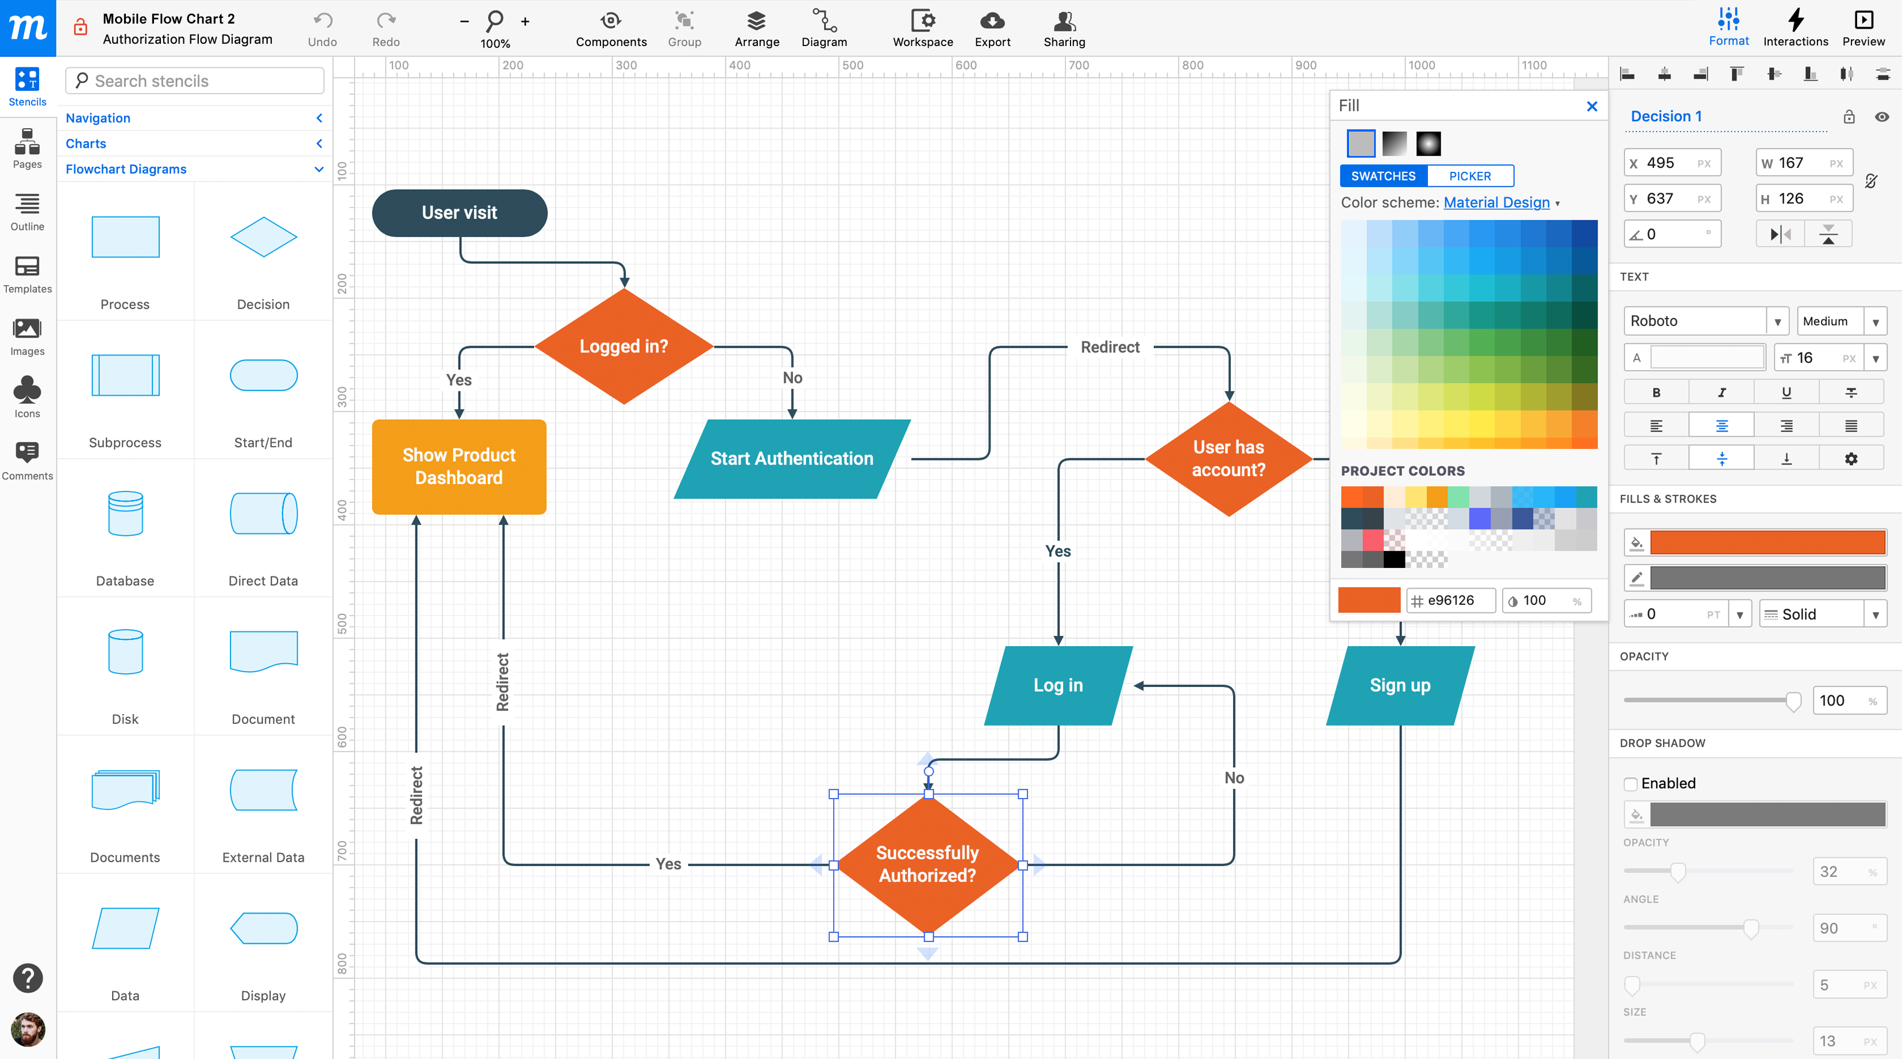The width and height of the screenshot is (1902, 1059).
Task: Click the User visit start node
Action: click(459, 213)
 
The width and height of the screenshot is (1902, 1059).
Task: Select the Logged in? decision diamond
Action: click(624, 346)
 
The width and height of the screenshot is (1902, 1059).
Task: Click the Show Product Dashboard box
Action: click(459, 467)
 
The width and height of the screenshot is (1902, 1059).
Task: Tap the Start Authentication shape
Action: click(791, 459)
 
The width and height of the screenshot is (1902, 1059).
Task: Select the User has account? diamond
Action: click(1228, 459)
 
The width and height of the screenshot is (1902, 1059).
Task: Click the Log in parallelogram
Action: click(1058, 685)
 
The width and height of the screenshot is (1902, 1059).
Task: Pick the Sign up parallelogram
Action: click(1400, 685)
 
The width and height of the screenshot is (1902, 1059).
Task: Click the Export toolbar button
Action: click(992, 29)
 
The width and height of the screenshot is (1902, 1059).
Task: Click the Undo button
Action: click(322, 29)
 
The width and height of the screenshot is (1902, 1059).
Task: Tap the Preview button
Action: click(1863, 29)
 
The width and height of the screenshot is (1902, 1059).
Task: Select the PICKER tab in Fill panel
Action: click(1469, 176)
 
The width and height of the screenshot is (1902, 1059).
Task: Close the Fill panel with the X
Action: click(1592, 106)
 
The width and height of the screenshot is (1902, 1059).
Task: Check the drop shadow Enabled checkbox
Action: click(1630, 784)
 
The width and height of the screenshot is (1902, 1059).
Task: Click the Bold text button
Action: click(1656, 392)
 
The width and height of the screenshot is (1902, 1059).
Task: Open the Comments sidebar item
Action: click(28, 459)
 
